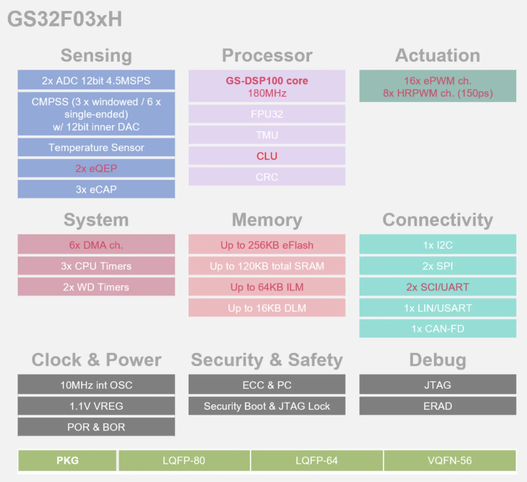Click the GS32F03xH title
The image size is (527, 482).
coord(65,19)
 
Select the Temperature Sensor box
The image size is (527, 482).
coord(96,147)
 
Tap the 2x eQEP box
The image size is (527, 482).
coord(96,168)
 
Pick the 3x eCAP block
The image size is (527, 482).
coord(96,189)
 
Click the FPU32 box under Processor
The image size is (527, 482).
coord(267,114)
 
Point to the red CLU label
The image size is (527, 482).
coord(267,156)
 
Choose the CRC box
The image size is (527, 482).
coord(267,177)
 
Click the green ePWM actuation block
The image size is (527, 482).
coord(438,86)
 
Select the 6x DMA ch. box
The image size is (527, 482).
coord(96,245)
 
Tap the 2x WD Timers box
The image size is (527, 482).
coord(96,287)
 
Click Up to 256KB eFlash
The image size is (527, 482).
coord(267,245)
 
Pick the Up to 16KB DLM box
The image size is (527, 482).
coord(267,308)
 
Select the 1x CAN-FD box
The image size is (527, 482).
coord(438,329)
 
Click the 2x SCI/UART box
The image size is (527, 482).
coord(438,287)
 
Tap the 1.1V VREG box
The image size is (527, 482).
coord(96,406)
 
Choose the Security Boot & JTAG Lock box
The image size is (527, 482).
coord(267,406)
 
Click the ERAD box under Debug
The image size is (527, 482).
coord(438,406)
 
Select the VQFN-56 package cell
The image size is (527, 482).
coord(450,461)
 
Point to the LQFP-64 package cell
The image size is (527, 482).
coord(317,461)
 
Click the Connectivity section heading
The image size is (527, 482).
coord(438,220)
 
